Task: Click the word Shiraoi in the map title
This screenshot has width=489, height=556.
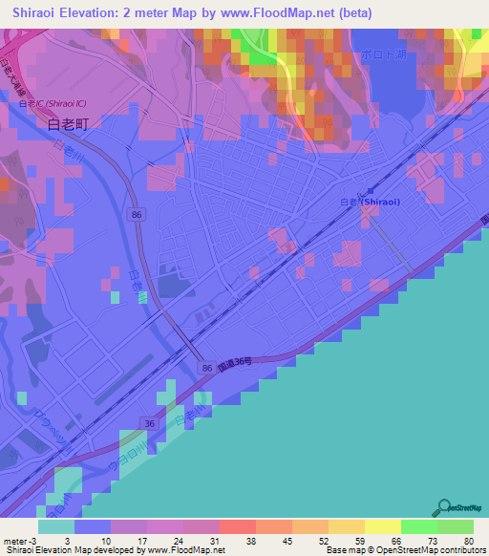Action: [x=41, y=13]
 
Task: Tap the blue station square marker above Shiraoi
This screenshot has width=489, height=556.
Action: [x=370, y=190]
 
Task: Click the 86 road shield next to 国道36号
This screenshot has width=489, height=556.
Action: [x=206, y=367]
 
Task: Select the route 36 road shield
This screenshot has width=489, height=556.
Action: [x=149, y=421]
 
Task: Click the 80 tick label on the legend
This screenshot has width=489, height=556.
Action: [x=468, y=540]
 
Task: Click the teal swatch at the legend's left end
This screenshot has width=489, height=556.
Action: [x=56, y=526]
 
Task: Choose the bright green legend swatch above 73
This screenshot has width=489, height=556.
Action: [x=418, y=526]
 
